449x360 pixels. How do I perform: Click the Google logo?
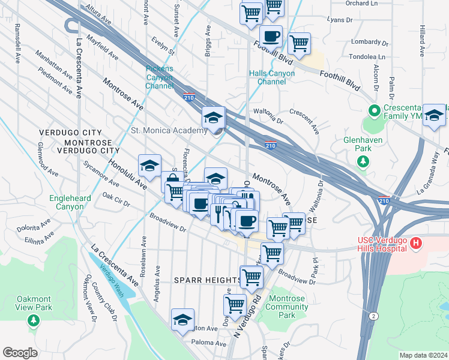tap(20, 353)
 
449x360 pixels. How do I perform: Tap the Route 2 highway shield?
tap(374, 316)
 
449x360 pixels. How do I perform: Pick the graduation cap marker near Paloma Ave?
tap(182, 320)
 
